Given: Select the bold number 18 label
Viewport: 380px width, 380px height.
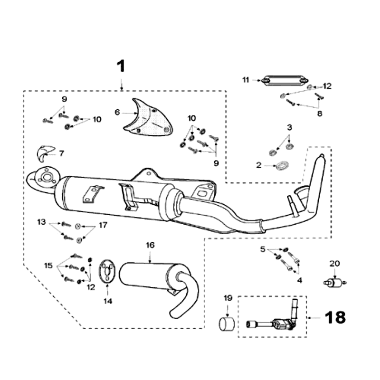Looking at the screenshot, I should point(336,317).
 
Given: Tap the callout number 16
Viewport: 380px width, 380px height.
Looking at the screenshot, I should point(150,245).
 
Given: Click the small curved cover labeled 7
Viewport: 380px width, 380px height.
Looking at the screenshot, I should point(44,153).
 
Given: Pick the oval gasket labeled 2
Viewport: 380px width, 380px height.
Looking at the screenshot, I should point(282,166).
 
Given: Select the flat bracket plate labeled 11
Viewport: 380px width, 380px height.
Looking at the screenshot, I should point(282,81).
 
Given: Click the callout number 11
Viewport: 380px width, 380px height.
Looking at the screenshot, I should point(246,80).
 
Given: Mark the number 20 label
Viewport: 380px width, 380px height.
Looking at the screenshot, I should point(335,263).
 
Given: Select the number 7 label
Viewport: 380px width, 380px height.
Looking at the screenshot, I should point(62,153).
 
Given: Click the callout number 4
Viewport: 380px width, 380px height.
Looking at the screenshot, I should point(300,280).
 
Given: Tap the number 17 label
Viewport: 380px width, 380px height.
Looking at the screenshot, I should point(103,225).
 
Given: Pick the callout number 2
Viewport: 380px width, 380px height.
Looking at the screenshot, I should point(259,165).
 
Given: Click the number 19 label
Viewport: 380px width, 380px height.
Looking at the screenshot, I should point(228,298).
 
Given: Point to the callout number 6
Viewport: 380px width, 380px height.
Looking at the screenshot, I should point(117,112).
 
